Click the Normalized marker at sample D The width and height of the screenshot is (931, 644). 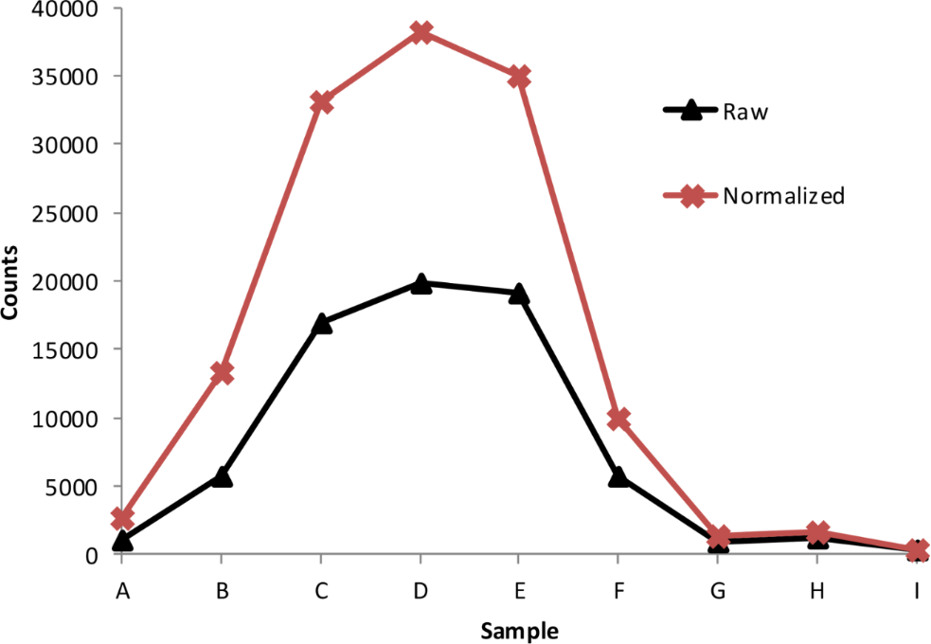[x=421, y=32]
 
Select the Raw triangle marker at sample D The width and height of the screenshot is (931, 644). [x=421, y=283]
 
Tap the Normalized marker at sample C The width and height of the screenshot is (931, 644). [x=322, y=101]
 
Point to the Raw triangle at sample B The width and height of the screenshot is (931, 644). [x=222, y=476]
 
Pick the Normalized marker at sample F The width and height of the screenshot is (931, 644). [x=618, y=419]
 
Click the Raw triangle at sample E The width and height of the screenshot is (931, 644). [x=519, y=294]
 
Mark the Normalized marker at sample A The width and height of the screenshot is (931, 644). [x=122, y=518]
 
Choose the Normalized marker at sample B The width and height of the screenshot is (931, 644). [x=222, y=372]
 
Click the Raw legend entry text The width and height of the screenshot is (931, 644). [x=744, y=112]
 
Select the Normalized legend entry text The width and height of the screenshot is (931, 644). [x=783, y=196]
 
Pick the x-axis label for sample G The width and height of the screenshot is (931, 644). [x=718, y=592]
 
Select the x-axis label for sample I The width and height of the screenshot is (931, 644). [x=916, y=592]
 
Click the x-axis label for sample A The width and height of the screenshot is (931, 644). [x=122, y=592]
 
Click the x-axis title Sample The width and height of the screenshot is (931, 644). [x=518, y=630]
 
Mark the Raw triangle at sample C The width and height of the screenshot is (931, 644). [x=322, y=323]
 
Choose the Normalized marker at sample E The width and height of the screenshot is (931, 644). [x=519, y=77]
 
